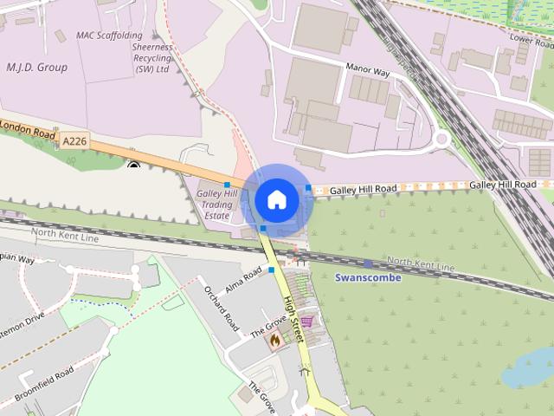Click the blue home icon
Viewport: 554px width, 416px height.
tap(276, 199)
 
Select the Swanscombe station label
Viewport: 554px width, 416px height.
tap(368, 277)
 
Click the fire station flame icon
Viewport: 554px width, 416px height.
tap(274, 341)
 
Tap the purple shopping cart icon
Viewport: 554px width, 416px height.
tap(306, 321)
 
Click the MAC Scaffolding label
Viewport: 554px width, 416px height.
tap(109, 36)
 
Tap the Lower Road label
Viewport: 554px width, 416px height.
tap(531, 40)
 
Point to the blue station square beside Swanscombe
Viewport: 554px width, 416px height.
tap(369, 263)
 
